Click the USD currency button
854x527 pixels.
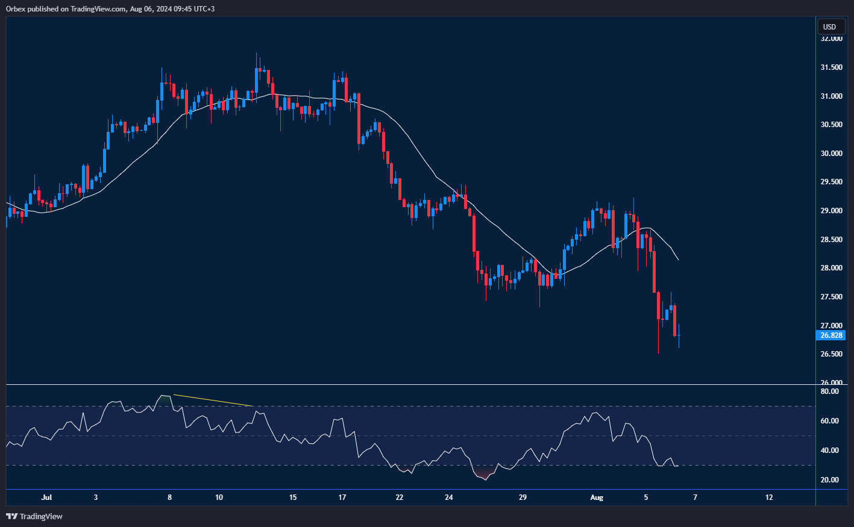tap(830, 27)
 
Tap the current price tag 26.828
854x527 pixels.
tap(831, 335)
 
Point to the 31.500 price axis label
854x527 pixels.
tap(831, 67)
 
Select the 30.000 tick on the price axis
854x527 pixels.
tap(831, 154)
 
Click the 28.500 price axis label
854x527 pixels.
tap(831, 240)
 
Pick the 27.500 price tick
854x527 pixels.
tap(831, 297)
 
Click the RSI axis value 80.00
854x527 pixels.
tap(830, 391)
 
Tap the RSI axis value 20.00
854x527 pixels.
tap(830, 480)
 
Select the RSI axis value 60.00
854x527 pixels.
tap(830, 421)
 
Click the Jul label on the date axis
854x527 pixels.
tap(46, 497)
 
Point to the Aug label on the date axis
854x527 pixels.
tap(597, 497)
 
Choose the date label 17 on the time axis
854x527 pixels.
tap(342, 497)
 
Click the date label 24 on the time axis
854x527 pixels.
tap(449, 497)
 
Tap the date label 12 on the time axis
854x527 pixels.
tap(769, 497)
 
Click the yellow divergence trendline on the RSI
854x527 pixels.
tap(213, 401)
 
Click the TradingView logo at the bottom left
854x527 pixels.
tap(34, 516)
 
